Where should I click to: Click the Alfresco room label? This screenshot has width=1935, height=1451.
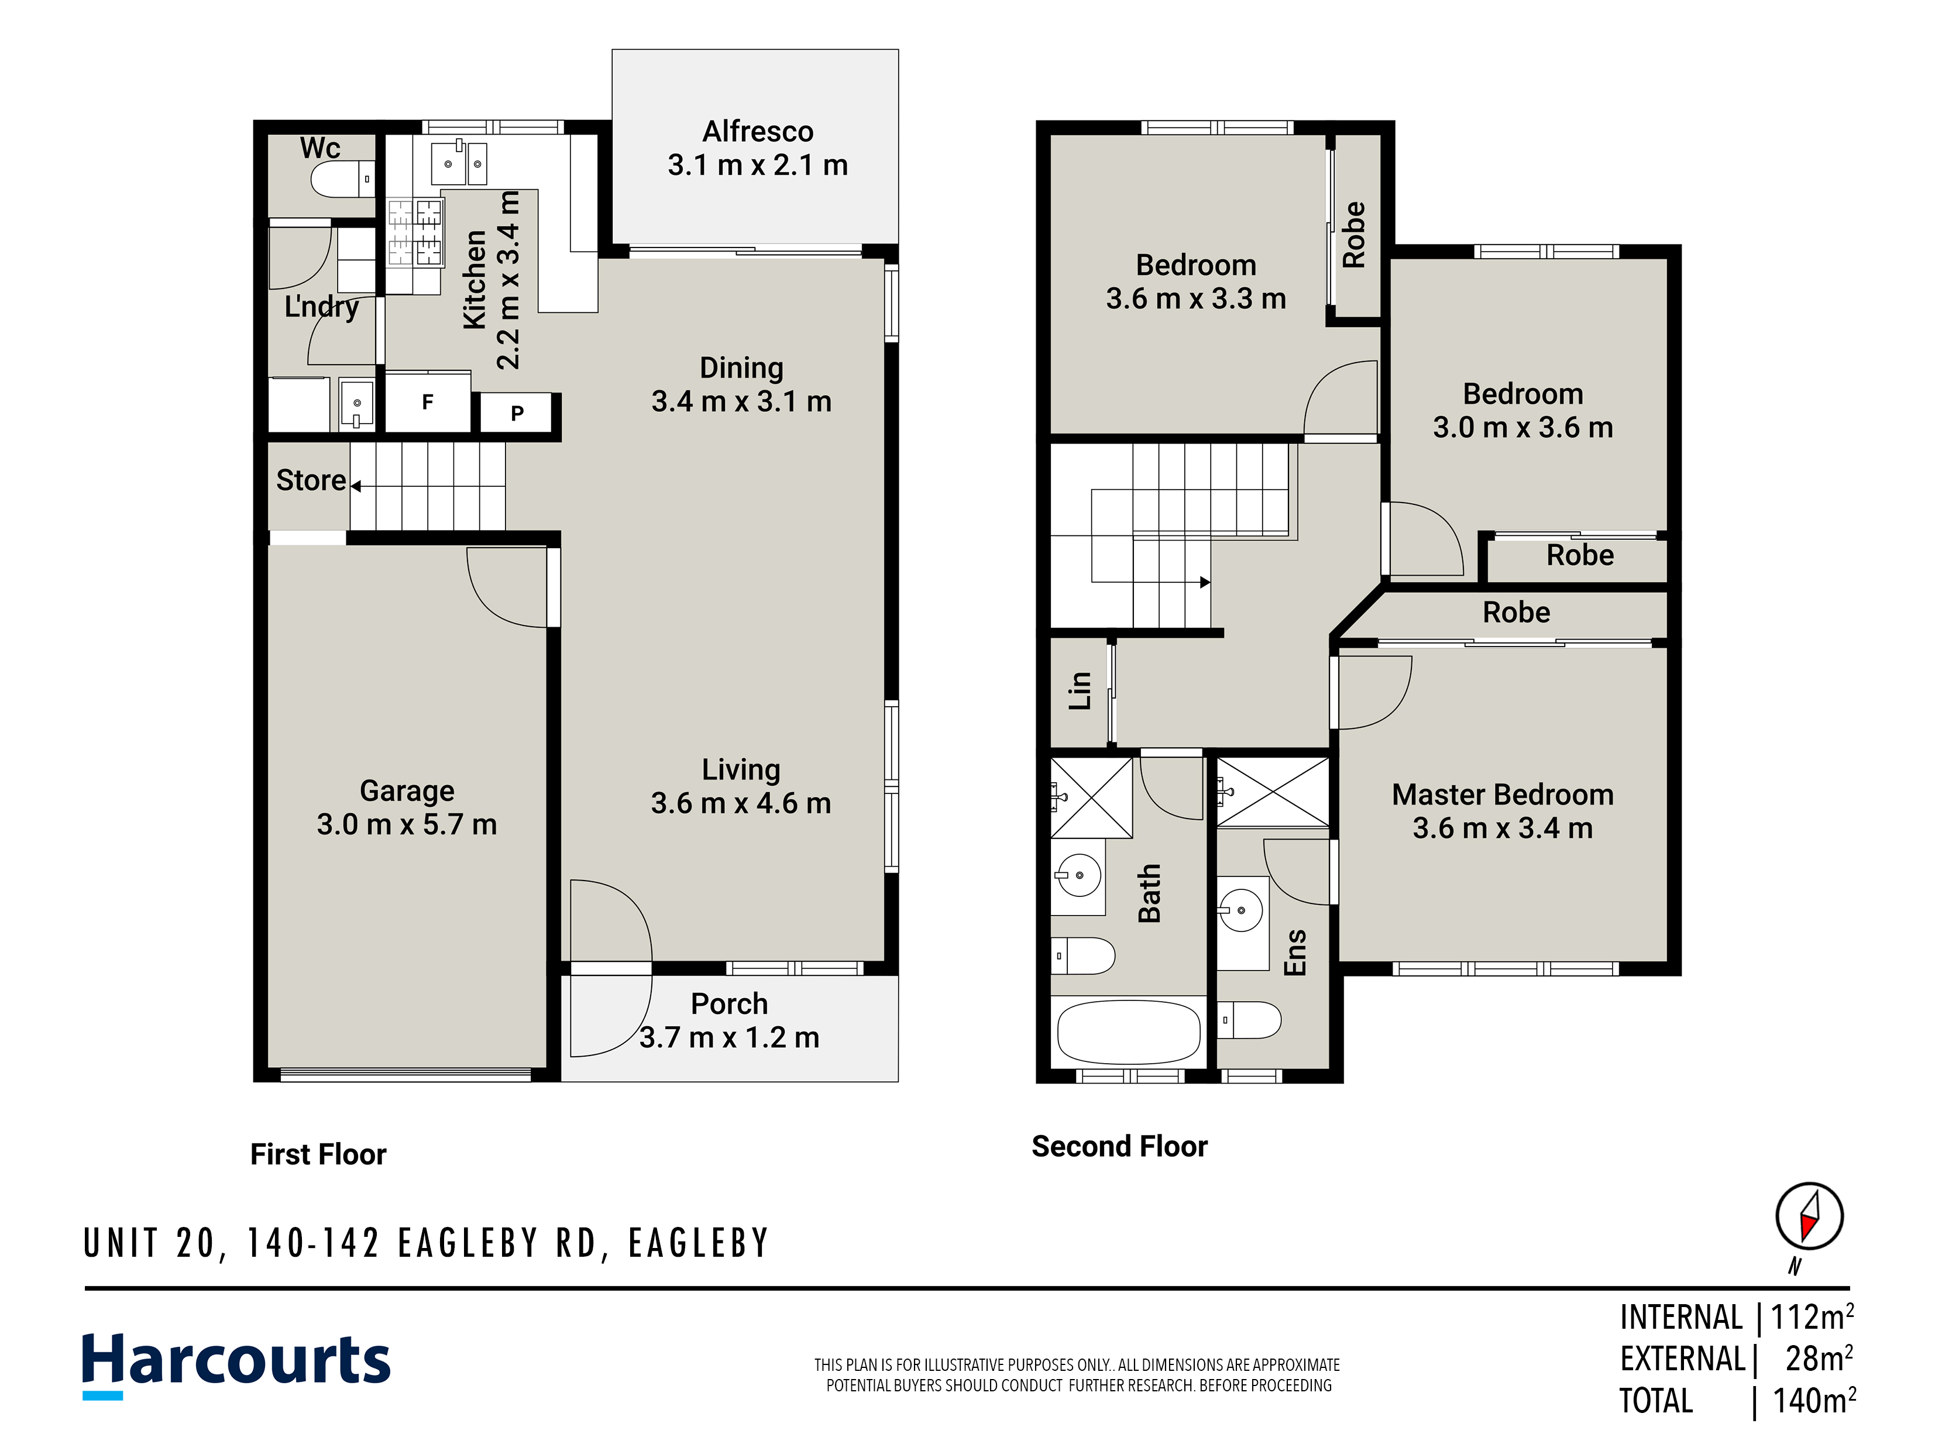click(x=758, y=131)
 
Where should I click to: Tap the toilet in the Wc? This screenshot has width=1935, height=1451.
click(x=343, y=179)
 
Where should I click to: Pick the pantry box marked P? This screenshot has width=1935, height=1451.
click(x=517, y=413)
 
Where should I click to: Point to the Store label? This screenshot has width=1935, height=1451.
click(x=311, y=480)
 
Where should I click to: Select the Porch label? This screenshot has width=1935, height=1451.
click(x=730, y=1003)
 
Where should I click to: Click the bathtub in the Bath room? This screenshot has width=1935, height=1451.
click(x=1129, y=1032)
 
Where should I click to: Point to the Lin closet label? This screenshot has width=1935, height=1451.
click(x=1080, y=691)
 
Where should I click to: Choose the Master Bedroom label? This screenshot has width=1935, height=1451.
click(x=1503, y=794)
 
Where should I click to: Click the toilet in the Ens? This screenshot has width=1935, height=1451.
click(x=1249, y=1020)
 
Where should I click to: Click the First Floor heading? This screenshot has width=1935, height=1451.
click(x=318, y=1154)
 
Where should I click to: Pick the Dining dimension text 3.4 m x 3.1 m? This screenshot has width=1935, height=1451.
click(x=742, y=401)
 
